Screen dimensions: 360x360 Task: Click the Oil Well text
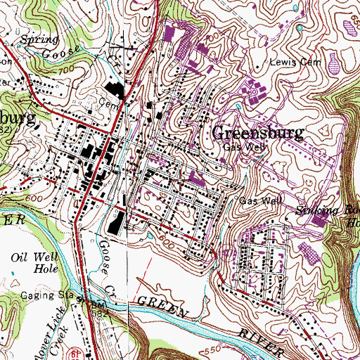(x=30, y=256)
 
